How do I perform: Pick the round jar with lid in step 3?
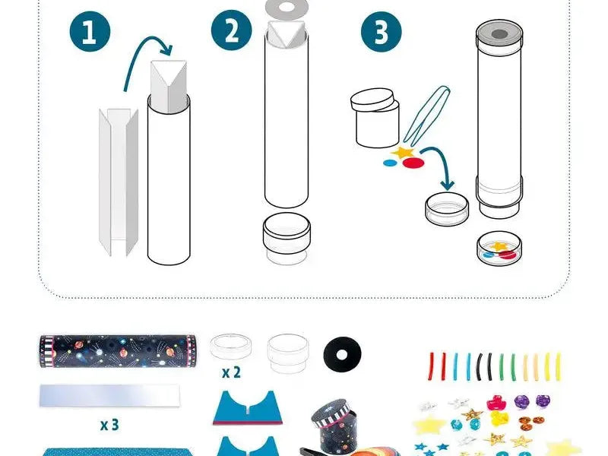pyautogui.click(x=375, y=118)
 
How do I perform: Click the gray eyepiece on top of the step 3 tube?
pyautogui.click(x=499, y=33)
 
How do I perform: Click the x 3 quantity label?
pyautogui.click(x=110, y=424)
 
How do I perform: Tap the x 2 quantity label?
pyautogui.click(x=231, y=373)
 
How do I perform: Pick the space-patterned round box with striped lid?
pyautogui.click(x=334, y=426)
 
